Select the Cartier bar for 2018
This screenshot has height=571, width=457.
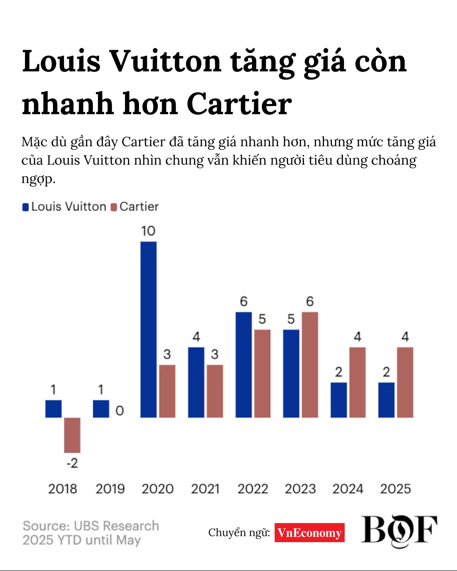tap(72, 435)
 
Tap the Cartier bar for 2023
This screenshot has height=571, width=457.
tap(310, 365)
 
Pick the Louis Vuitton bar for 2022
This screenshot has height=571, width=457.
tap(243, 365)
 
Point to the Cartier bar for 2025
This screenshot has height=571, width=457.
tap(405, 382)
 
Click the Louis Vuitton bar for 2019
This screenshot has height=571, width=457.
tap(101, 409)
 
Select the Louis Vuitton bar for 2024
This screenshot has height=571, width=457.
tap(339, 400)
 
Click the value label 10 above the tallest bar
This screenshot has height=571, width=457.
tap(148, 231)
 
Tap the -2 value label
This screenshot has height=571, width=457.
tap(72, 463)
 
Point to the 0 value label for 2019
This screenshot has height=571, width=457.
tap(120, 411)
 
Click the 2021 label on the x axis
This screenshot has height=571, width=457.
tap(205, 489)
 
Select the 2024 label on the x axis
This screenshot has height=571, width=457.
tap(348, 489)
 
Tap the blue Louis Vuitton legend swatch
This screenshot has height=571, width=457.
tap(25, 207)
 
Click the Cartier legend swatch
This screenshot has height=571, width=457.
tap(114, 207)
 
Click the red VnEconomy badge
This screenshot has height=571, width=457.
tap(309, 533)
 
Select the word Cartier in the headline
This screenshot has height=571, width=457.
tap(239, 104)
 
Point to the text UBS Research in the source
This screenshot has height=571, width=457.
tap(116, 526)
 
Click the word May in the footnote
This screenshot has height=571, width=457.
tap(128, 540)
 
